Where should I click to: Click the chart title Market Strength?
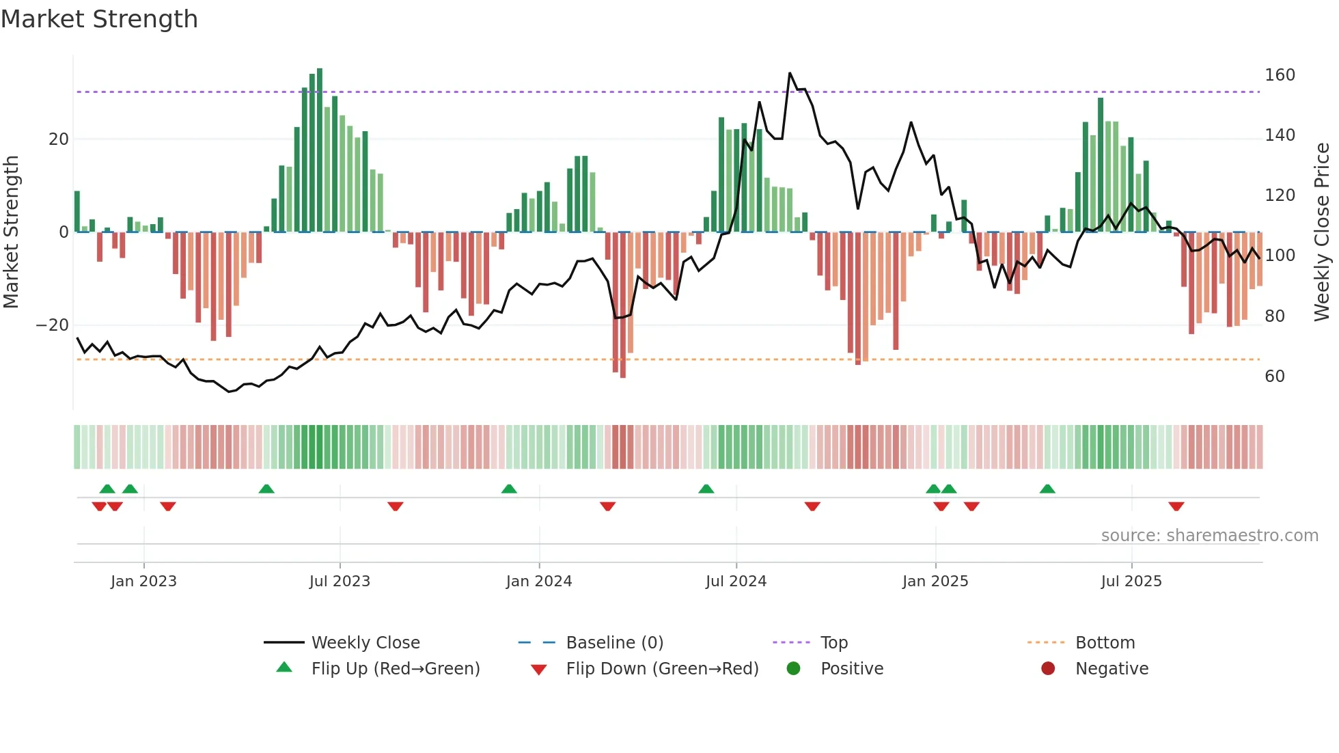coord(99,19)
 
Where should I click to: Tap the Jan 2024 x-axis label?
coord(539,581)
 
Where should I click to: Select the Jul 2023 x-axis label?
coord(340,581)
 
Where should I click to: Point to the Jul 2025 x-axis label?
coord(1131,581)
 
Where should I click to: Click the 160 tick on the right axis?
coord(1280,75)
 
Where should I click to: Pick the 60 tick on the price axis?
coord(1275,376)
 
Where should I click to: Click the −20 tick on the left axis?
coord(52,325)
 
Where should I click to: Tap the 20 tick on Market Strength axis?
coord(59,139)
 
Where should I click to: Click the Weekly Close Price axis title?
coord(1322,232)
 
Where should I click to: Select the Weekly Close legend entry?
coord(365,643)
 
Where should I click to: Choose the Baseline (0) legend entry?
coord(614,643)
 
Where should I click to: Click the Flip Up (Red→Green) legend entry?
coord(396,669)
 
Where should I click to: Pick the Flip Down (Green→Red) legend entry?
coord(662,669)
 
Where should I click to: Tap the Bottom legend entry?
coord(1105,643)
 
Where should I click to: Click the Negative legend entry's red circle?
coord(1048,669)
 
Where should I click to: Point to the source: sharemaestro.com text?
coord(1209,536)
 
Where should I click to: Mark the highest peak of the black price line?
coord(790,73)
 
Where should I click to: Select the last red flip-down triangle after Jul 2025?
coord(1176,506)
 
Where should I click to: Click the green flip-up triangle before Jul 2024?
coord(706,489)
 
